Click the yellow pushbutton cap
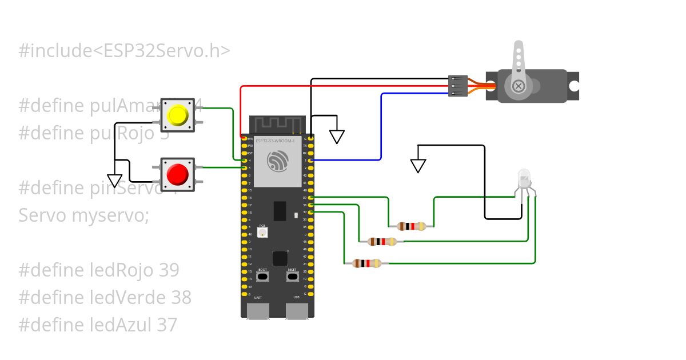click(177, 115)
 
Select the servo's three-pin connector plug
click(458, 86)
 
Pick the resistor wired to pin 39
click(411, 226)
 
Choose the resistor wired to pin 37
click(366, 263)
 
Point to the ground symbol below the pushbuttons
click(115, 181)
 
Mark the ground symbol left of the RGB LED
click(418, 166)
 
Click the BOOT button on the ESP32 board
click(262, 277)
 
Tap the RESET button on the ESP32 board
click(292, 277)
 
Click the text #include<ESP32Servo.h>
click(125, 51)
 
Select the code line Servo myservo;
click(83, 215)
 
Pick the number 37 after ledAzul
click(167, 325)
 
